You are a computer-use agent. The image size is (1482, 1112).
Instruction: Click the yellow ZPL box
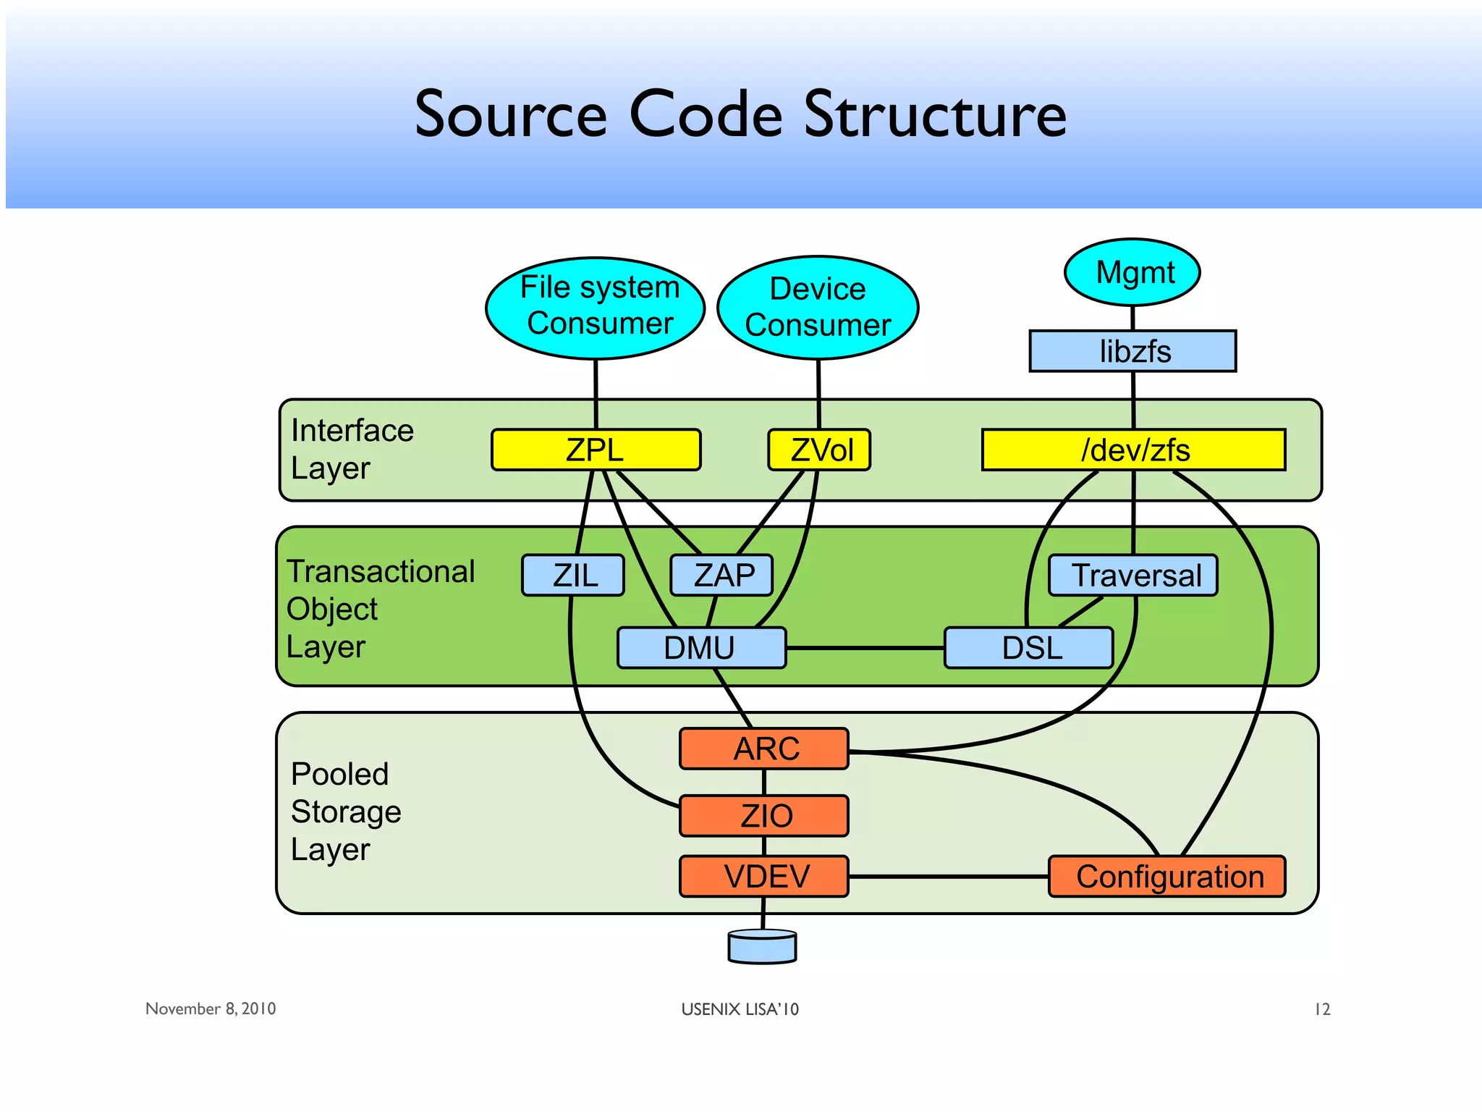[x=596, y=450]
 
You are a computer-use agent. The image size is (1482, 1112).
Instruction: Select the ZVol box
[x=819, y=450]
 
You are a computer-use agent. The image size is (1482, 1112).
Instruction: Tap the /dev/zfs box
[x=1133, y=450]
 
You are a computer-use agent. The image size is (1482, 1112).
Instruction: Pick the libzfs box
[x=1132, y=352]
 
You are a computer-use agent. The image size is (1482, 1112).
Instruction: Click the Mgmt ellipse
[x=1132, y=273]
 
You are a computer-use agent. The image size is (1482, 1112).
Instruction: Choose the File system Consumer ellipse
[x=596, y=308]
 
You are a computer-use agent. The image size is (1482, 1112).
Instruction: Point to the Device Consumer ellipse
[x=818, y=308]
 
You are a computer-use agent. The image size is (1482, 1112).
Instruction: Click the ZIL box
[x=573, y=576]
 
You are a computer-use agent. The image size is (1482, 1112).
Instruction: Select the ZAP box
[x=721, y=576]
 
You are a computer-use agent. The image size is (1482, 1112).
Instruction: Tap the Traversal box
[x=1133, y=576]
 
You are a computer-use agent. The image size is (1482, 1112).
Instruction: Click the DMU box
[x=701, y=648]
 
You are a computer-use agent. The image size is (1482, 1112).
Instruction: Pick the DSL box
[x=1028, y=648]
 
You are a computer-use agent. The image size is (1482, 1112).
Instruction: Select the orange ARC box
[x=764, y=749]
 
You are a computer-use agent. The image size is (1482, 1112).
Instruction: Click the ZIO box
[x=764, y=816]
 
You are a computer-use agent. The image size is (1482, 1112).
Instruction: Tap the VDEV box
[x=764, y=877]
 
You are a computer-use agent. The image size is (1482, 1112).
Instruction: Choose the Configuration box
[x=1167, y=877]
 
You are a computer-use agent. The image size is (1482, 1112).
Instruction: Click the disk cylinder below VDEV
[x=762, y=947]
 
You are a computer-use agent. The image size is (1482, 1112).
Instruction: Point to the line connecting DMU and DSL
[x=865, y=648]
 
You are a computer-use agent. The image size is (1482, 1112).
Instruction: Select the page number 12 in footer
[x=1322, y=1009]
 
